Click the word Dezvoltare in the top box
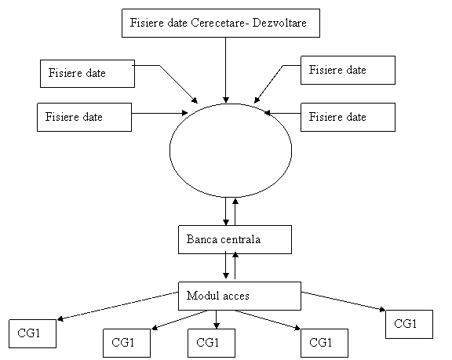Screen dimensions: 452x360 point(279,23)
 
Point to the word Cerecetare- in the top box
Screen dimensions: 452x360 point(220,23)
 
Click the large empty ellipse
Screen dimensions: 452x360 point(169,151)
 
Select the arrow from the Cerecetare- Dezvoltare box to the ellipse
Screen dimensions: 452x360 point(226,70)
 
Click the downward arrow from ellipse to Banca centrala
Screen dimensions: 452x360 point(226,211)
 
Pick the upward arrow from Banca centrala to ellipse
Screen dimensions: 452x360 point(235,212)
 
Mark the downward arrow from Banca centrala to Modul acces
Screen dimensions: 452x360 point(226,264)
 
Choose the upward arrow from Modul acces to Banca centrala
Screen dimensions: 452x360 point(235,265)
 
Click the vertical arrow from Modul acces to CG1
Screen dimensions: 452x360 point(217,320)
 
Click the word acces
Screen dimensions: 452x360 point(236,296)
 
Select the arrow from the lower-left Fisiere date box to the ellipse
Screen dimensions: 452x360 point(160,113)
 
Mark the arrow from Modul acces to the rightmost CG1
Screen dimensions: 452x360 point(344,301)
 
